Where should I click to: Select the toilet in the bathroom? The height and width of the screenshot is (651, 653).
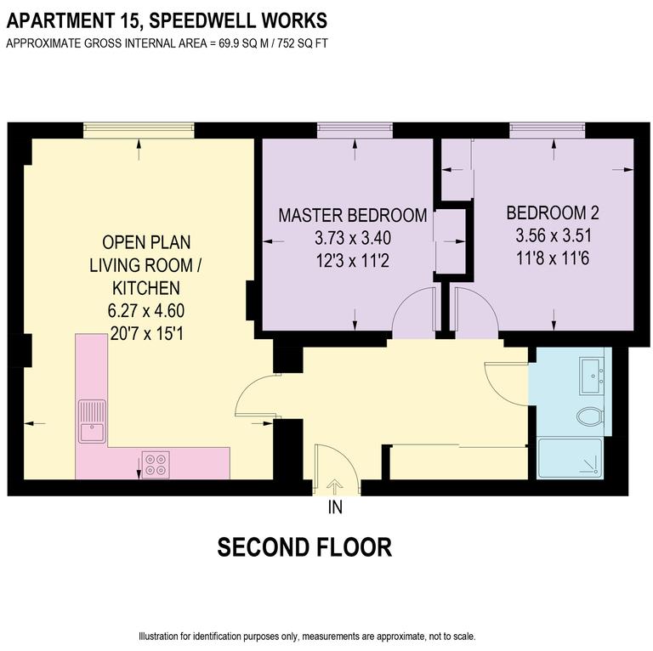click(589, 416)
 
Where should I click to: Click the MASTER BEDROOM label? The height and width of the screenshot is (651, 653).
click(352, 215)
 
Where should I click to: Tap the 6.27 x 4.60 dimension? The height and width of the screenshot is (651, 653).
click(139, 309)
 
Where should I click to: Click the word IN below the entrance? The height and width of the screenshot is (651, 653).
click(335, 508)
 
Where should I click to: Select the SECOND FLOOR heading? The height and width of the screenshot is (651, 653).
click(304, 547)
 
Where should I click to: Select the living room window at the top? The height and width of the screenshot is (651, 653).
click(139, 130)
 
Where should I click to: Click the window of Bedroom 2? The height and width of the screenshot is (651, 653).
click(547, 130)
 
